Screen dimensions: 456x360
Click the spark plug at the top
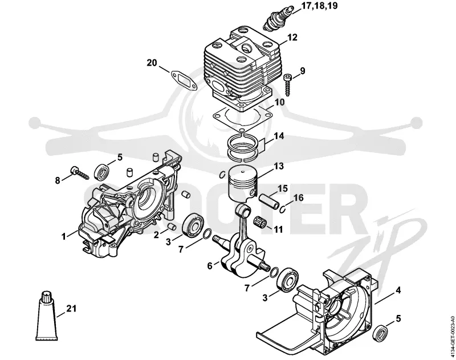pyautogui.click(x=278, y=18)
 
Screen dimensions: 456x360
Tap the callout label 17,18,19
pyautogui.click(x=319, y=6)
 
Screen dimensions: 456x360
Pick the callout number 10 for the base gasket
pyautogui.click(x=279, y=103)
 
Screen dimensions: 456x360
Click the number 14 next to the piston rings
pyautogui.click(x=279, y=136)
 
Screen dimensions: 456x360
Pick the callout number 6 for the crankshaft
pyautogui.click(x=210, y=266)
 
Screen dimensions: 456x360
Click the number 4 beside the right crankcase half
pyautogui.click(x=398, y=290)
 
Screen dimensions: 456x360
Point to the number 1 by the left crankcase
pyautogui.click(x=64, y=236)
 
